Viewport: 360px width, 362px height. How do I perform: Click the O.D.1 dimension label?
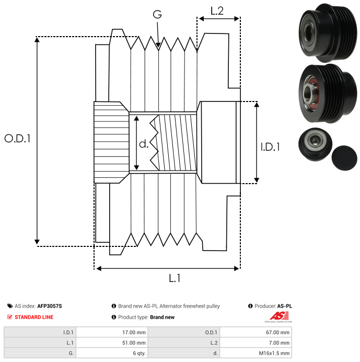tap(18, 139)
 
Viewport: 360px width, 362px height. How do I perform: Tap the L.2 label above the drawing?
tap(217, 10)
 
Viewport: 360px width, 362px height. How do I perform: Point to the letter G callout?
tap(157, 15)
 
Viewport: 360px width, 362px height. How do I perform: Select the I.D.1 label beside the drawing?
tap(270, 148)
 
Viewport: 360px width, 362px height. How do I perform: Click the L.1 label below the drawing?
tap(175, 279)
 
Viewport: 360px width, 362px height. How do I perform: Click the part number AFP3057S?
tap(53, 306)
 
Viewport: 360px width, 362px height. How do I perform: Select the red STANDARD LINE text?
tap(34, 317)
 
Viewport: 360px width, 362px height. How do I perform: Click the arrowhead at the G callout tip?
tap(158, 46)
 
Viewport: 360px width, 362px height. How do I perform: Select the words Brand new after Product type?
tap(162, 317)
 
